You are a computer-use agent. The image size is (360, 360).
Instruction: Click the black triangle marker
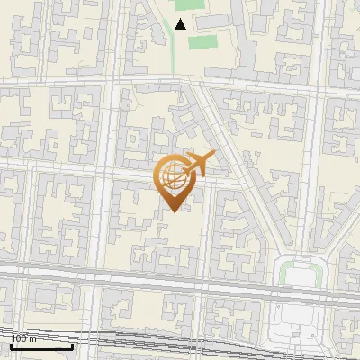click(181, 24)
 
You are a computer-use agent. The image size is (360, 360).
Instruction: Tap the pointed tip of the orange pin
click(174, 211)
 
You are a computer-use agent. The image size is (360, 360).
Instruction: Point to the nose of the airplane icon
click(213, 155)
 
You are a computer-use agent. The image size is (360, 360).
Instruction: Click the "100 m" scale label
click(24, 338)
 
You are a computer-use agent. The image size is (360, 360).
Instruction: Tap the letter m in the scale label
click(33, 338)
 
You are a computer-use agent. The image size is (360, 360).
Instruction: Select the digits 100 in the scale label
click(20, 338)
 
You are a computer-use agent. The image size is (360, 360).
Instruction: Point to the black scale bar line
click(40, 346)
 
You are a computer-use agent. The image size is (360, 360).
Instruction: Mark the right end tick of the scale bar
click(73, 345)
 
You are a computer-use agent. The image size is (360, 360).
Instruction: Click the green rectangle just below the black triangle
click(202, 42)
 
